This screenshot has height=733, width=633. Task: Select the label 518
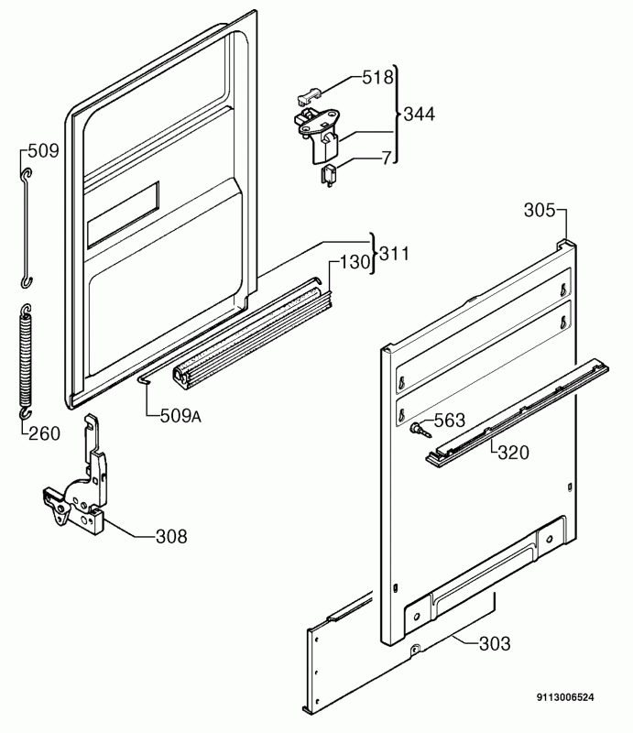pos(377,78)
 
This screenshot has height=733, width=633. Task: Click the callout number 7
pos(387,159)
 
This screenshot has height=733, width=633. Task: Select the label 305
pos(540,211)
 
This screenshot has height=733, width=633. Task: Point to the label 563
pos(449,422)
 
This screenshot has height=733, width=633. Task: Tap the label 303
pos(494,644)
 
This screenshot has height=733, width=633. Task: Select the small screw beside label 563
pos(420,427)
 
